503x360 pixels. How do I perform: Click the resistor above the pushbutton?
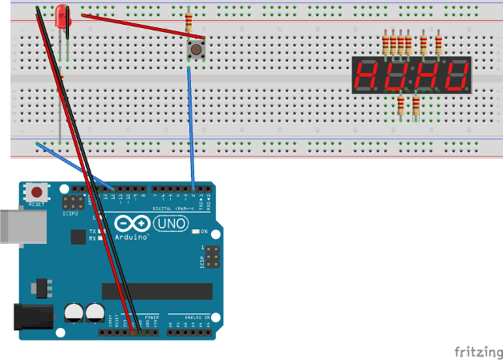click(189, 22)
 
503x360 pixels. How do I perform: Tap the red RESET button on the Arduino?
click(36, 192)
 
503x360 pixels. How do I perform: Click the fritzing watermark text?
click(478, 351)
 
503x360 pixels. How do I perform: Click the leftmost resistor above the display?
click(386, 44)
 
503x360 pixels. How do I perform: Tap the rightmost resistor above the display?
click(438, 44)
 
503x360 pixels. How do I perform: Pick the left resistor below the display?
click(401, 105)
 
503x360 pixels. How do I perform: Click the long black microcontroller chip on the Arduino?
click(156, 290)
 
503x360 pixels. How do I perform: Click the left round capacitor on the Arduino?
click(74, 310)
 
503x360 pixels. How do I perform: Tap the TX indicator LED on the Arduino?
click(103, 231)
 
